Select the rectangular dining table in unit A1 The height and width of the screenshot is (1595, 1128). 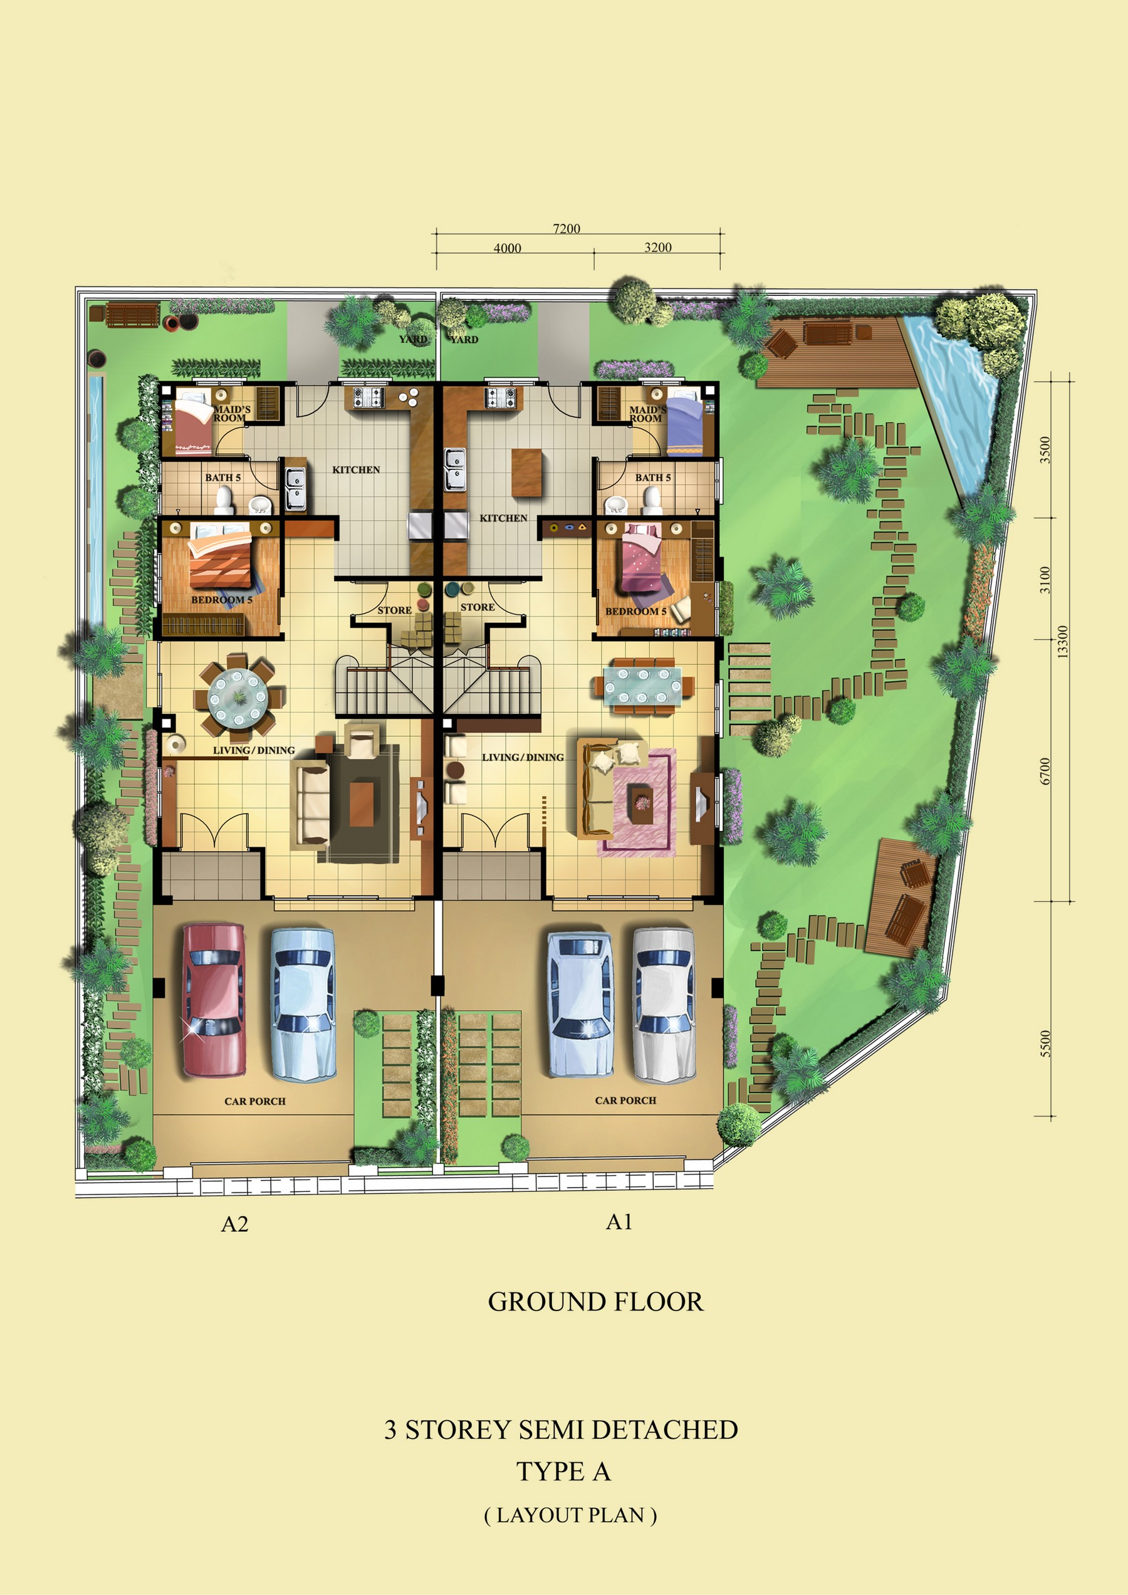[642, 686]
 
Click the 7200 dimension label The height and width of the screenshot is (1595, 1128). [566, 229]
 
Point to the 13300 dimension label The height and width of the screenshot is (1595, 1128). [1062, 642]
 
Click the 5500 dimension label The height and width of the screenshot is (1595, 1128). [1045, 1043]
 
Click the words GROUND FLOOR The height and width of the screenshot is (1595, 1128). [595, 1302]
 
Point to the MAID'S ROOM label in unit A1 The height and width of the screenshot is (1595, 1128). [647, 414]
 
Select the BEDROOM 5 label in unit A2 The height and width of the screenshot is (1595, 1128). [222, 600]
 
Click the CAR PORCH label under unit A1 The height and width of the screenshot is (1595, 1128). [625, 1101]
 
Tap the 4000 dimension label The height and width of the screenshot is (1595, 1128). [507, 248]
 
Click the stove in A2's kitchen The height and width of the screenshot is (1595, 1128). [368, 397]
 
